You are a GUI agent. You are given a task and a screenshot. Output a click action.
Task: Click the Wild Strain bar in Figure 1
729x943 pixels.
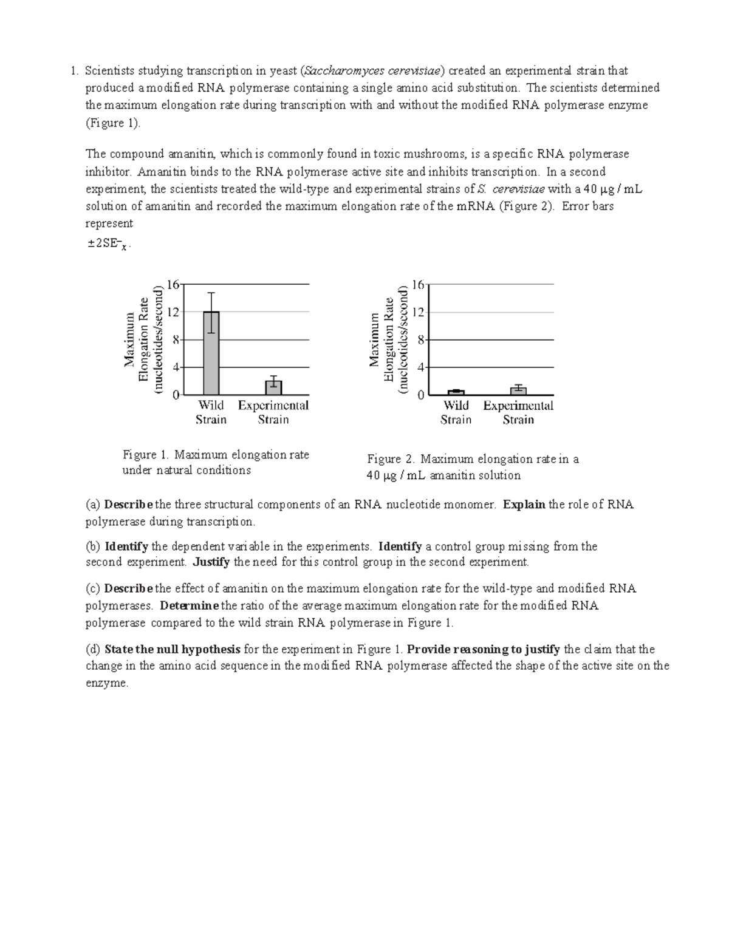pyautogui.click(x=211, y=353)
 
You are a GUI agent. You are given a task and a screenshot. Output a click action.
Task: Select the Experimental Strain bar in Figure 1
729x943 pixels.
pyautogui.click(x=273, y=387)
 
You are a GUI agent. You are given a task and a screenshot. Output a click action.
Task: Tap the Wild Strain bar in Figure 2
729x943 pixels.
pyautogui.click(x=456, y=392)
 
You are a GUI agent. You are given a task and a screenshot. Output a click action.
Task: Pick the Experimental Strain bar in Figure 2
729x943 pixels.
pyautogui.click(x=518, y=390)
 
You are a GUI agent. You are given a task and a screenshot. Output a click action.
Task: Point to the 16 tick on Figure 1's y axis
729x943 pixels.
pyautogui.click(x=173, y=284)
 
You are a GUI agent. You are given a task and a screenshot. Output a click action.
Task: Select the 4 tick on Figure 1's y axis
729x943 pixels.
pyautogui.click(x=176, y=367)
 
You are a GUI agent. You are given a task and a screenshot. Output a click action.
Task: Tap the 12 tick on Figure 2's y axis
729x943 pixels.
pyautogui.click(x=418, y=312)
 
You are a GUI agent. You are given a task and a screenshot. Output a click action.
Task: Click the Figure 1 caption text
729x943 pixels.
pyautogui.click(x=216, y=462)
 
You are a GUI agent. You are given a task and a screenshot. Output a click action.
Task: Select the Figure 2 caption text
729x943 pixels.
pyautogui.click(x=472, y=467)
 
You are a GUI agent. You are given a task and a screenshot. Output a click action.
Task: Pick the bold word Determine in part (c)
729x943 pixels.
pyautogui.click(x=190, y=605)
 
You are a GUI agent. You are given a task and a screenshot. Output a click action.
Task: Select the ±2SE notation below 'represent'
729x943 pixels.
pyautogui.click(x=108, y=245)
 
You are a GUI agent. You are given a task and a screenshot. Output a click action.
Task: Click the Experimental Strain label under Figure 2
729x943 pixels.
pyautogui.click(x=518, y=412)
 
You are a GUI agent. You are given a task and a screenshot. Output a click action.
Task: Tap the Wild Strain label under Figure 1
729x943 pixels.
pyautogui.click(x=211, y=412)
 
